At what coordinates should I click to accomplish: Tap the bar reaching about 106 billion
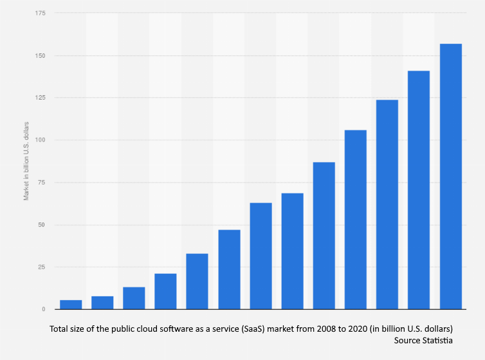point(356,219)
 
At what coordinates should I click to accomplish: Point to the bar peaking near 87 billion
point(324,235)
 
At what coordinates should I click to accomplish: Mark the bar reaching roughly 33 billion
point(197,281)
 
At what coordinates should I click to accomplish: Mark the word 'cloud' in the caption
point(147,329)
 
